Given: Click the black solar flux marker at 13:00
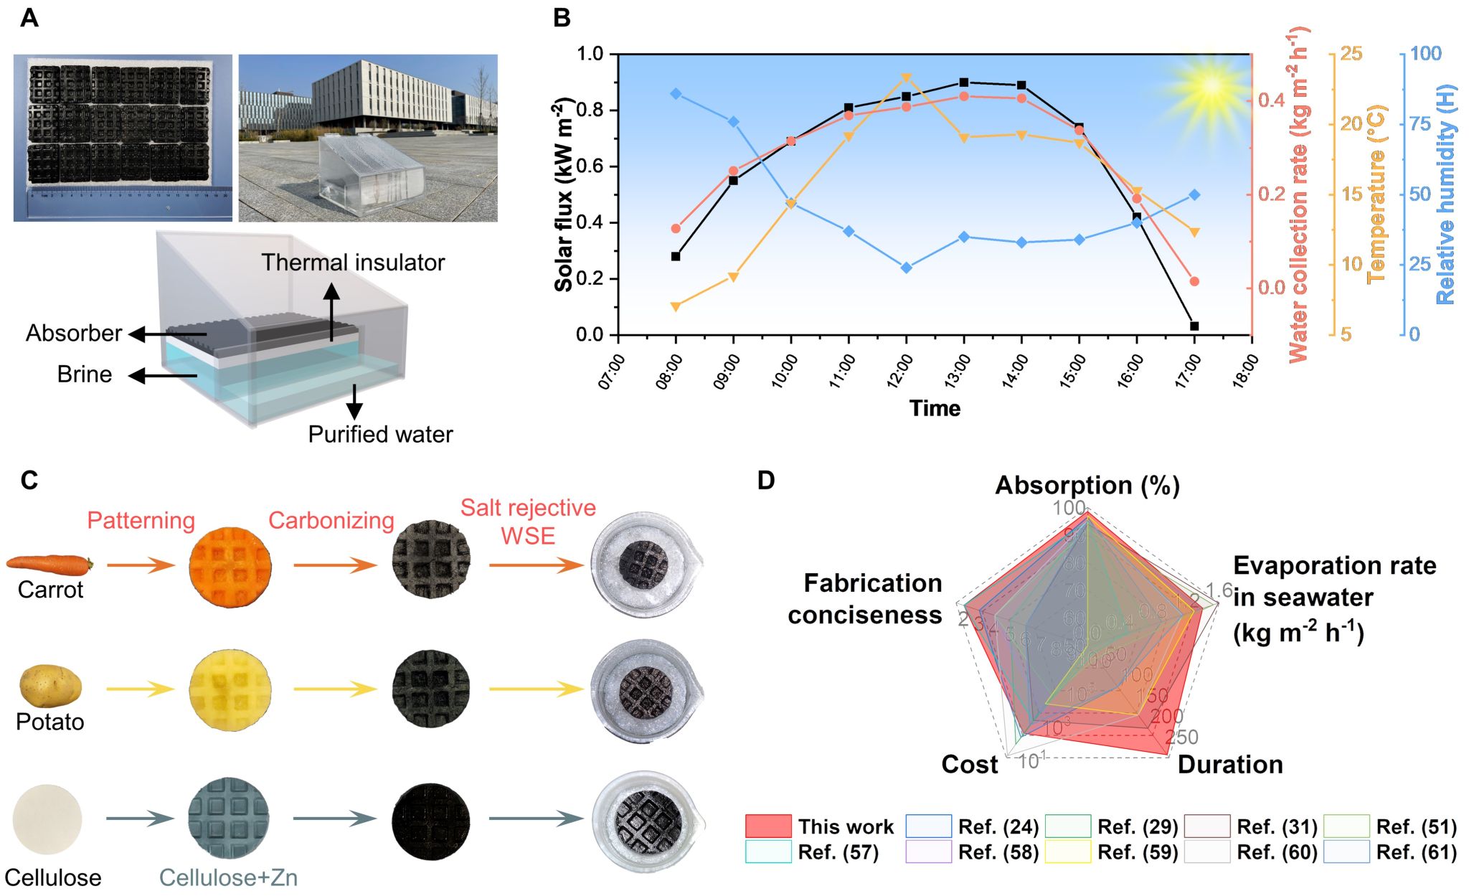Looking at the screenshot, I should coord(964,82).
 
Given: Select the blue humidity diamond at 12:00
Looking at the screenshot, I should coord(907,268).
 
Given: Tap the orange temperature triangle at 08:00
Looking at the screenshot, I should coord(676,307).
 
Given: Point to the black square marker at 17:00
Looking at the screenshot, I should coord(1194,326).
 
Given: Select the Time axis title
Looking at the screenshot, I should coord(935,408).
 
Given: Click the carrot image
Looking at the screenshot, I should coord(49,564).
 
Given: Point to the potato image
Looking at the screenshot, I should coord(50,687).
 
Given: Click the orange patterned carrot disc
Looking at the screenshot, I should coord(230,566).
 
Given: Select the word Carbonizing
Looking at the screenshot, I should coord(331,520).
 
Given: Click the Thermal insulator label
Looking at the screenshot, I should coord(353,263).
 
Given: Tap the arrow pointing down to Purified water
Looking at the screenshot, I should coord(354,402).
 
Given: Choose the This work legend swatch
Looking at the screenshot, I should coord(768,826).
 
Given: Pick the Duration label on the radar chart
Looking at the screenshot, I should coord(1230,765).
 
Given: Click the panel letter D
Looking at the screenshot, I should coord(766,480).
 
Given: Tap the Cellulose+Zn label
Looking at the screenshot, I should coord(228,877).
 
